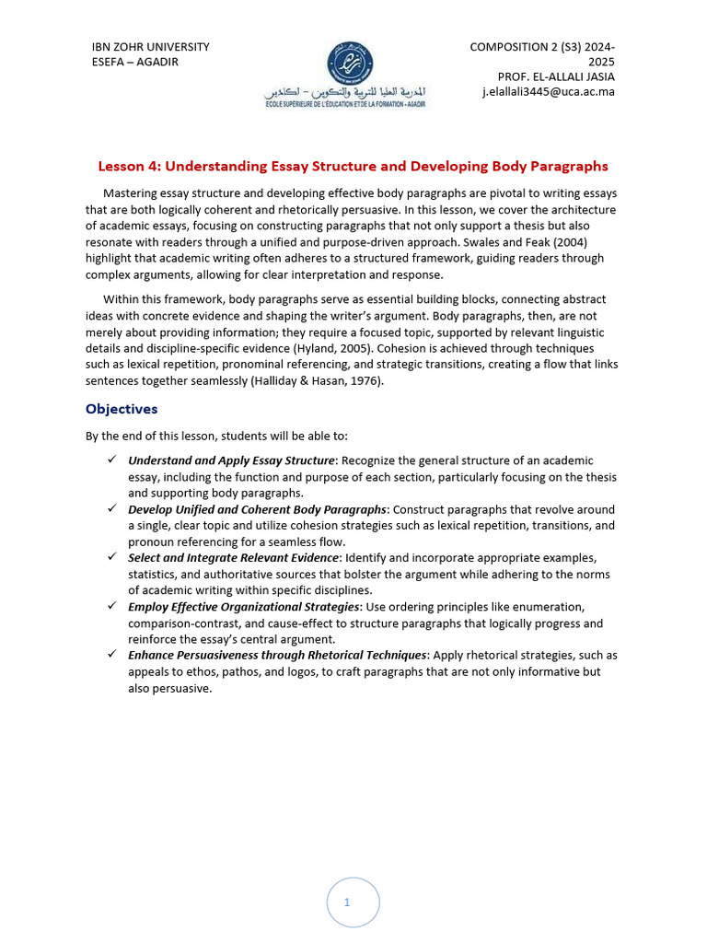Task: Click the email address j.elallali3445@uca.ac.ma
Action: point(548,92)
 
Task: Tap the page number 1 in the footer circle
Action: point(347,902)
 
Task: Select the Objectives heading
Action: point(122,408)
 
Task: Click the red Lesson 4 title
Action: point(353,167)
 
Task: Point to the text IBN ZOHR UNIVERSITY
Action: point(150,47)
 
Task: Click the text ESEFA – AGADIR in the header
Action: point(134,62)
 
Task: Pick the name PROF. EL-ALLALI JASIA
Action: point(556,76)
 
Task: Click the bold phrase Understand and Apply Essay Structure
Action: point(231,460)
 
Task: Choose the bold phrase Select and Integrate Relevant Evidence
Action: point(234,558)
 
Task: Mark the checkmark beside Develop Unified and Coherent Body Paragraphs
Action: point(111,509)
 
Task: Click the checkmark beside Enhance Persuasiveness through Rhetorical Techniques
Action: point(111,655)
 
